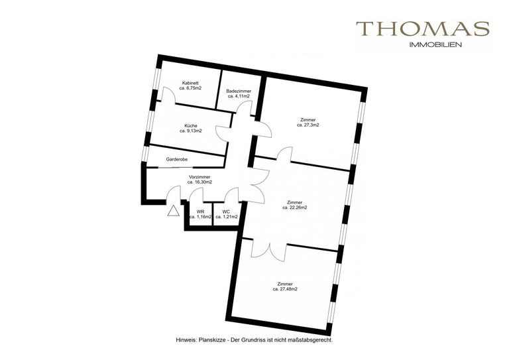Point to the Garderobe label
(176, 159)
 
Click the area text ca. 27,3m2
(308, 125)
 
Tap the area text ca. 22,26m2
(295, 208)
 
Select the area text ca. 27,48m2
(285, 289)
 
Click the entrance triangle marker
(174, 211)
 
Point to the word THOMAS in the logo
(423, 29)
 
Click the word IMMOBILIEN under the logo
(435, 45)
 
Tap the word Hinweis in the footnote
(184, 340)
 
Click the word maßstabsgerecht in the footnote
(313, 341)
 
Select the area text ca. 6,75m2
(190, 88)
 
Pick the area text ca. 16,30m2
(199, 182)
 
